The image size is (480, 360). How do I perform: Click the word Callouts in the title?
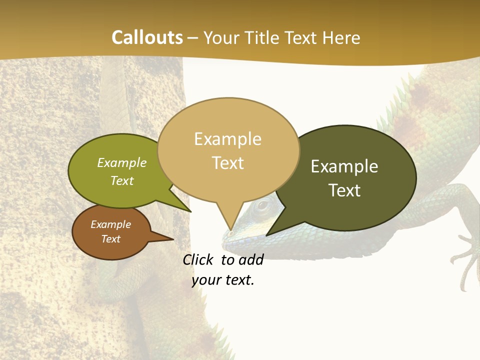(x=147, y=37)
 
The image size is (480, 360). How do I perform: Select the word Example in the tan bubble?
(x=227, y=139)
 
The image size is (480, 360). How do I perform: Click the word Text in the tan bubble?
(x=227, y=162)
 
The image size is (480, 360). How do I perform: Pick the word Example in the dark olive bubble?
(x=344, y=166)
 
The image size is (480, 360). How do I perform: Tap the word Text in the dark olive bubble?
(x=344, y=190)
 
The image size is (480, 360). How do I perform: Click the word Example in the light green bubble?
(x=122, y=162)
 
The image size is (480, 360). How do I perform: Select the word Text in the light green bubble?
(x=122, y=180)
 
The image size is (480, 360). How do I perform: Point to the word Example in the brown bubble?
(x=111, y=224)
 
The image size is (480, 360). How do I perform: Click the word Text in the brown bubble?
(x=111, y=239)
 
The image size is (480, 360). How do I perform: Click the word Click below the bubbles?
(x=199, y=259)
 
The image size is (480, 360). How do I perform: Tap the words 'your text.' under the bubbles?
(x=223, y=280)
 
